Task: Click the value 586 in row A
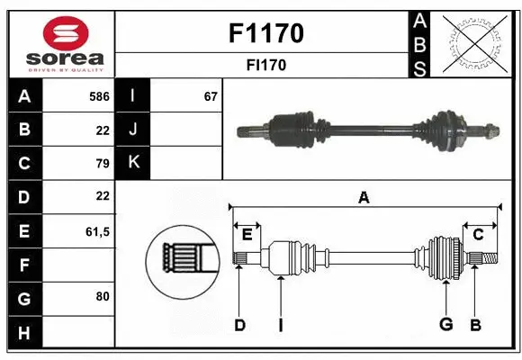(99, 96)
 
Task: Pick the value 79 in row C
(102, 163)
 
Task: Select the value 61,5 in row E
(96, 231)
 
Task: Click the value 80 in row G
(102, 295)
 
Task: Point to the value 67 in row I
(211, 96)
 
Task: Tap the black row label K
(133, 163)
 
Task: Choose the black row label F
(24, 265)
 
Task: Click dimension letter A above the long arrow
(364, 196)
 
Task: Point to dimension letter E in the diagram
(247, 235)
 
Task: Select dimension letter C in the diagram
(479, 235)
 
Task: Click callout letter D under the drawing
(239, 325)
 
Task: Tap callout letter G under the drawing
(445, 325)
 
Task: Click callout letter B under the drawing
(475, 325)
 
